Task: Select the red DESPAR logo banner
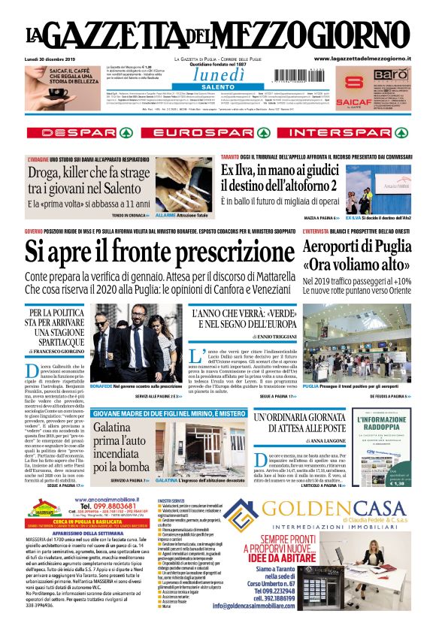pyautogui.click(x=78, y=132)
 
